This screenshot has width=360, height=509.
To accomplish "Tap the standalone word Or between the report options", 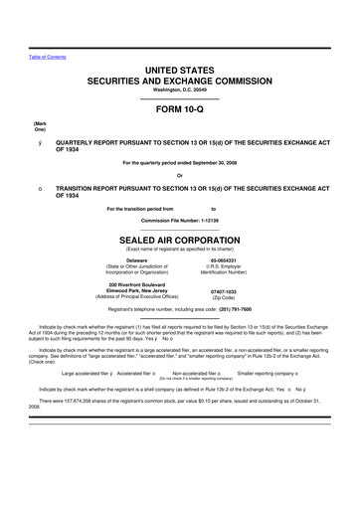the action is pos(180,177).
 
